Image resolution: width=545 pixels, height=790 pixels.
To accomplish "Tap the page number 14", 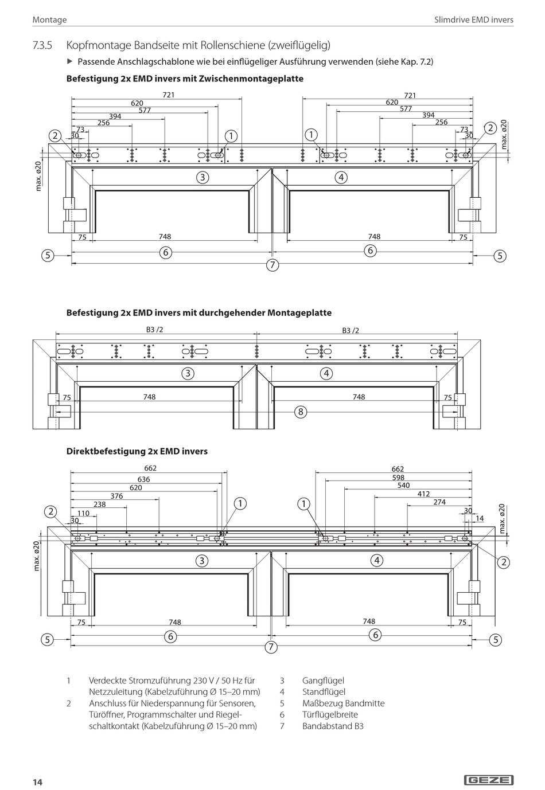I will pyautogui.click(x=37, y=783).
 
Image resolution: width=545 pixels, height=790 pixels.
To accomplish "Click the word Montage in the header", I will pyautogui.click(x=49, y=19).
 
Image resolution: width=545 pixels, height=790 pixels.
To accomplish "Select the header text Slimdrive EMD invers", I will pyautogui.click(x=473, y=19).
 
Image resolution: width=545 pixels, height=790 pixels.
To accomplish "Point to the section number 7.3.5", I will pyautogui.click(x=43, y=45).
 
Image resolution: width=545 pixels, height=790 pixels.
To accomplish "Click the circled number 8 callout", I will pyautogui.click(x=300, y=411).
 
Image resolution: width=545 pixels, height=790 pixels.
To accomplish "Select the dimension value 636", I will pyautogui.click(x=143, y=479).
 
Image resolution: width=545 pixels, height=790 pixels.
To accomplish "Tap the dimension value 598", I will pyautogui.click(x=398, y=478).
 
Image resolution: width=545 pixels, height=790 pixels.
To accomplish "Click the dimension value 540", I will pyautogui.click(x=403, y=486).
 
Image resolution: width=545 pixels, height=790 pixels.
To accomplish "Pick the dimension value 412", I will pyautogui.click(x=423, y=494).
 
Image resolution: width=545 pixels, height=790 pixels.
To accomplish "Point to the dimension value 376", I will pyautogui.click(x=116, y=496).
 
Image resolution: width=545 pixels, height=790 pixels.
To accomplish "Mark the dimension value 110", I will pyautogui.click(x=83, y=513).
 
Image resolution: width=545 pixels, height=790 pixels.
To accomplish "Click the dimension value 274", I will pyautogui.click(x=439, y=502).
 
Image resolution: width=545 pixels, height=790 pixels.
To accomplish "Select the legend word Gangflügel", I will pyautogui.click(x=323, y=681).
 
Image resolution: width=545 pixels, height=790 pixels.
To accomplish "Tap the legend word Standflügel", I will pyautogui.click(x=324, y=692).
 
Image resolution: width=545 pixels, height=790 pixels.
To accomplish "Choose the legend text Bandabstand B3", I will pyautogui.click(x=333, y=726).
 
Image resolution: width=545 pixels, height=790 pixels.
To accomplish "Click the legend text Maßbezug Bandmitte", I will pyautogui.click(x=343, y=703).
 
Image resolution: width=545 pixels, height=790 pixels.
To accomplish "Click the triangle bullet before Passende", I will pyautogui.click(x=70, y=61).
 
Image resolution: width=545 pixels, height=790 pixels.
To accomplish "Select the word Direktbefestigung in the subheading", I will pyautogui.click(x=102, y=451).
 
